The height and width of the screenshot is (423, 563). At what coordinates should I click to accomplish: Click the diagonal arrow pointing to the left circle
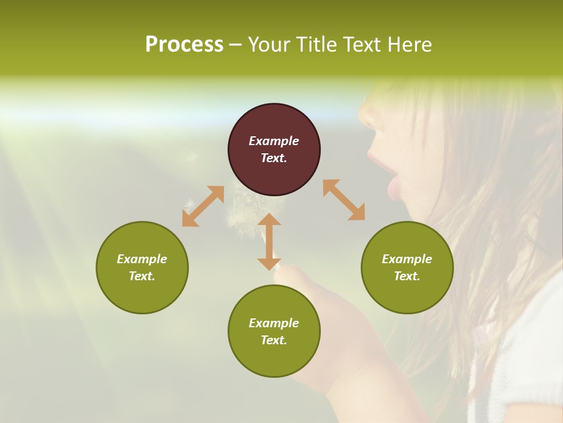203,206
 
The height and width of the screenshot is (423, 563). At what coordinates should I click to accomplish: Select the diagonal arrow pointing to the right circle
344,200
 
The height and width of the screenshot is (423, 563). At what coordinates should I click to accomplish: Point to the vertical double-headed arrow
269,241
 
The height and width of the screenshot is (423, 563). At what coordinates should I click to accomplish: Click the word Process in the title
184,45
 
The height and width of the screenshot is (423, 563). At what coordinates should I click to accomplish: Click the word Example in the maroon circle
274,141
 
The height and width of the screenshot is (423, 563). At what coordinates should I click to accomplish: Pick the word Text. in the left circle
142,276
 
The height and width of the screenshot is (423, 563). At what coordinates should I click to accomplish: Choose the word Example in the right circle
407,259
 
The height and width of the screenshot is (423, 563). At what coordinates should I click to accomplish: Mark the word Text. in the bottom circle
274,340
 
